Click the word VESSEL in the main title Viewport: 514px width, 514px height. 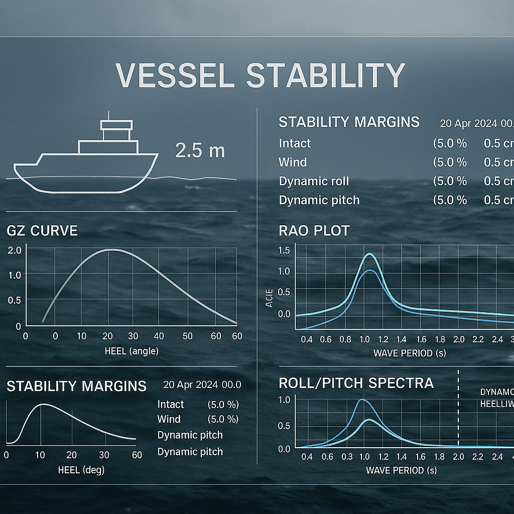click(175, 75)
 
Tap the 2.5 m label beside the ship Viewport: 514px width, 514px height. click(200, 151)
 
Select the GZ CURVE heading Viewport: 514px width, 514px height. click(42, 231)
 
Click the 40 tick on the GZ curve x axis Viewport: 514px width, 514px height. click(159, 336)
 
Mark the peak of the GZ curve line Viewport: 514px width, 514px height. click(111, 249)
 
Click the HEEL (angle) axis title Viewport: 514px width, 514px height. click(132, 351)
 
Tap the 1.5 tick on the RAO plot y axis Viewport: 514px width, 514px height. click(284, 250)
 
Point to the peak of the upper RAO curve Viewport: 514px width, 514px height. click(370, 254)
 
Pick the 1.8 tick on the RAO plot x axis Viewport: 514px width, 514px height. click(440, 339)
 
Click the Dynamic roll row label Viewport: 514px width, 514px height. click(314, 181)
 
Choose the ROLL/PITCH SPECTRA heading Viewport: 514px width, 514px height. click(356, 383)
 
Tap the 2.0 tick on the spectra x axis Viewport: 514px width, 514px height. click(458, 457)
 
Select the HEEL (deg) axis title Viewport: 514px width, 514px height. click(81, 470)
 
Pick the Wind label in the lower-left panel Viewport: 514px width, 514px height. click(169, 419)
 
